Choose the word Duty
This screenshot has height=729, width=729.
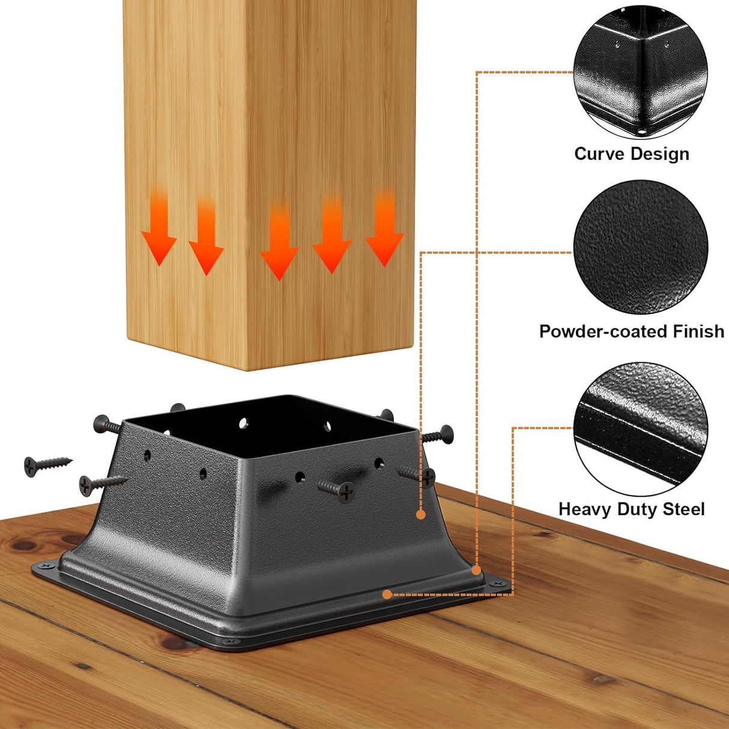(x=636, y=509)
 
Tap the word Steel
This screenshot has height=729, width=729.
(x=683, y=509)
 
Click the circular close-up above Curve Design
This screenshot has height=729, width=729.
(x=640, y=72)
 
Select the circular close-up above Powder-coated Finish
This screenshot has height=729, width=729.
(x=640, y=247)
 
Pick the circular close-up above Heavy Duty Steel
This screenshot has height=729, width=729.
(x=640, y=428)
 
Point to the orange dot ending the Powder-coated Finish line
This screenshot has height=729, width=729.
(x=421, y=515)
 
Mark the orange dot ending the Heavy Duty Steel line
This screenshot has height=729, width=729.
(x=387, y=594)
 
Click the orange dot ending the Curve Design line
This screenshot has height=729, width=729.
(x=476, y=570)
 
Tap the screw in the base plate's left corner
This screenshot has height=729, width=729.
(x=46, y=566)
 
